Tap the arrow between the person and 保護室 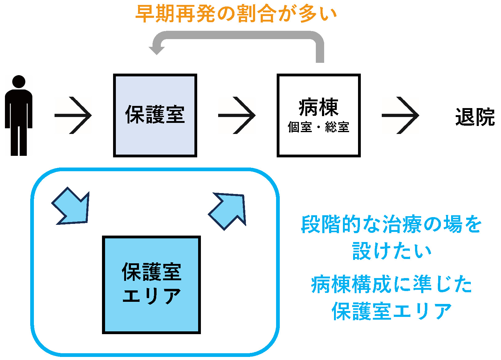click(x=73, y=115)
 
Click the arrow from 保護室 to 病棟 click(x=237, y=115)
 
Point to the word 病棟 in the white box click(x=318, y=107)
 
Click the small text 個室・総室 click(x=318, y=127)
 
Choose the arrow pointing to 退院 click(x=400, y=115)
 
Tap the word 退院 click(x=475, y=117)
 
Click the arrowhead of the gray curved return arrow click(x=157, y=49)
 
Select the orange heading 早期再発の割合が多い click(x=236, y=14)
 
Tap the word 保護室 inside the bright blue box click(x=151, y=272)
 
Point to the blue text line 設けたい click(x=392, y=251)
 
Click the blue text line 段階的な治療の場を click(x=391, y=224)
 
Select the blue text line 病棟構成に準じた click(x=392, y=284)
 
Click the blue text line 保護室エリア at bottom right click(x=392, y=311)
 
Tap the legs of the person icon click(x=19, y=140)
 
